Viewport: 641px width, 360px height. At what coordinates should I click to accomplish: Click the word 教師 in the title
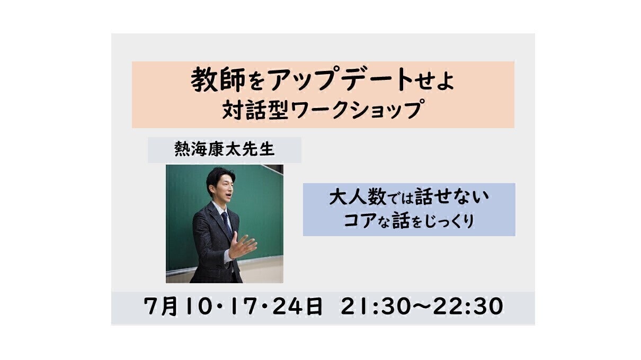click(218, 80)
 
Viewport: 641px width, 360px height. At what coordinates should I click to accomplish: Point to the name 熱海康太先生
click(225, 149)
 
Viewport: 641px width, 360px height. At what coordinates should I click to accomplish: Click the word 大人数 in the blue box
click(358, 197)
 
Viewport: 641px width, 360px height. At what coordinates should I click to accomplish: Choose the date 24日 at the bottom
click(298, 306)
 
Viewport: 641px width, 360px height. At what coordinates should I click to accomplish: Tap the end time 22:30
click(468, 306)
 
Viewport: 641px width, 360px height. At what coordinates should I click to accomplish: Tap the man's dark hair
click(219, 177)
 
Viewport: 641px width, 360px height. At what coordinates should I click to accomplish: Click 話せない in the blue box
click(452, 197)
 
